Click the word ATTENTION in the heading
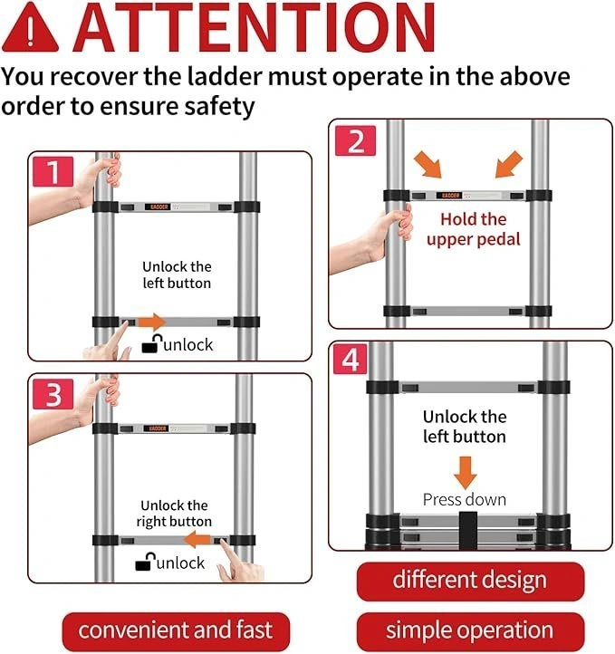[x=254, y=28]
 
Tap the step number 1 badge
[x=53, y=171]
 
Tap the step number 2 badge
[x=356, y=141]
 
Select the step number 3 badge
[x=53, y=395]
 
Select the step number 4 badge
[x=351, y=359]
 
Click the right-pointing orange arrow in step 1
[x=152, y=322]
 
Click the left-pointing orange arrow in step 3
[x=197, y=540]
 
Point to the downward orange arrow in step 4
[x=466, y=473]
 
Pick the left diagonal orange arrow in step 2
[x=428, y=164]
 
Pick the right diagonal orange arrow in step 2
[x=509, y=164]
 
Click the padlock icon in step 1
[x=152, y=343]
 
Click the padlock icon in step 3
[x=145, y=561]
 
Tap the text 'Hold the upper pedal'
[x=473, y=229]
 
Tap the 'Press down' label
[x=465, y=500]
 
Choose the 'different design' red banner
[x=470, y=582]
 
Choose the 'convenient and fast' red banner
[x=176, y=631]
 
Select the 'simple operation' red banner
[x=470, y=631]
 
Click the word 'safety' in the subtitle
[x=219, y=107]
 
